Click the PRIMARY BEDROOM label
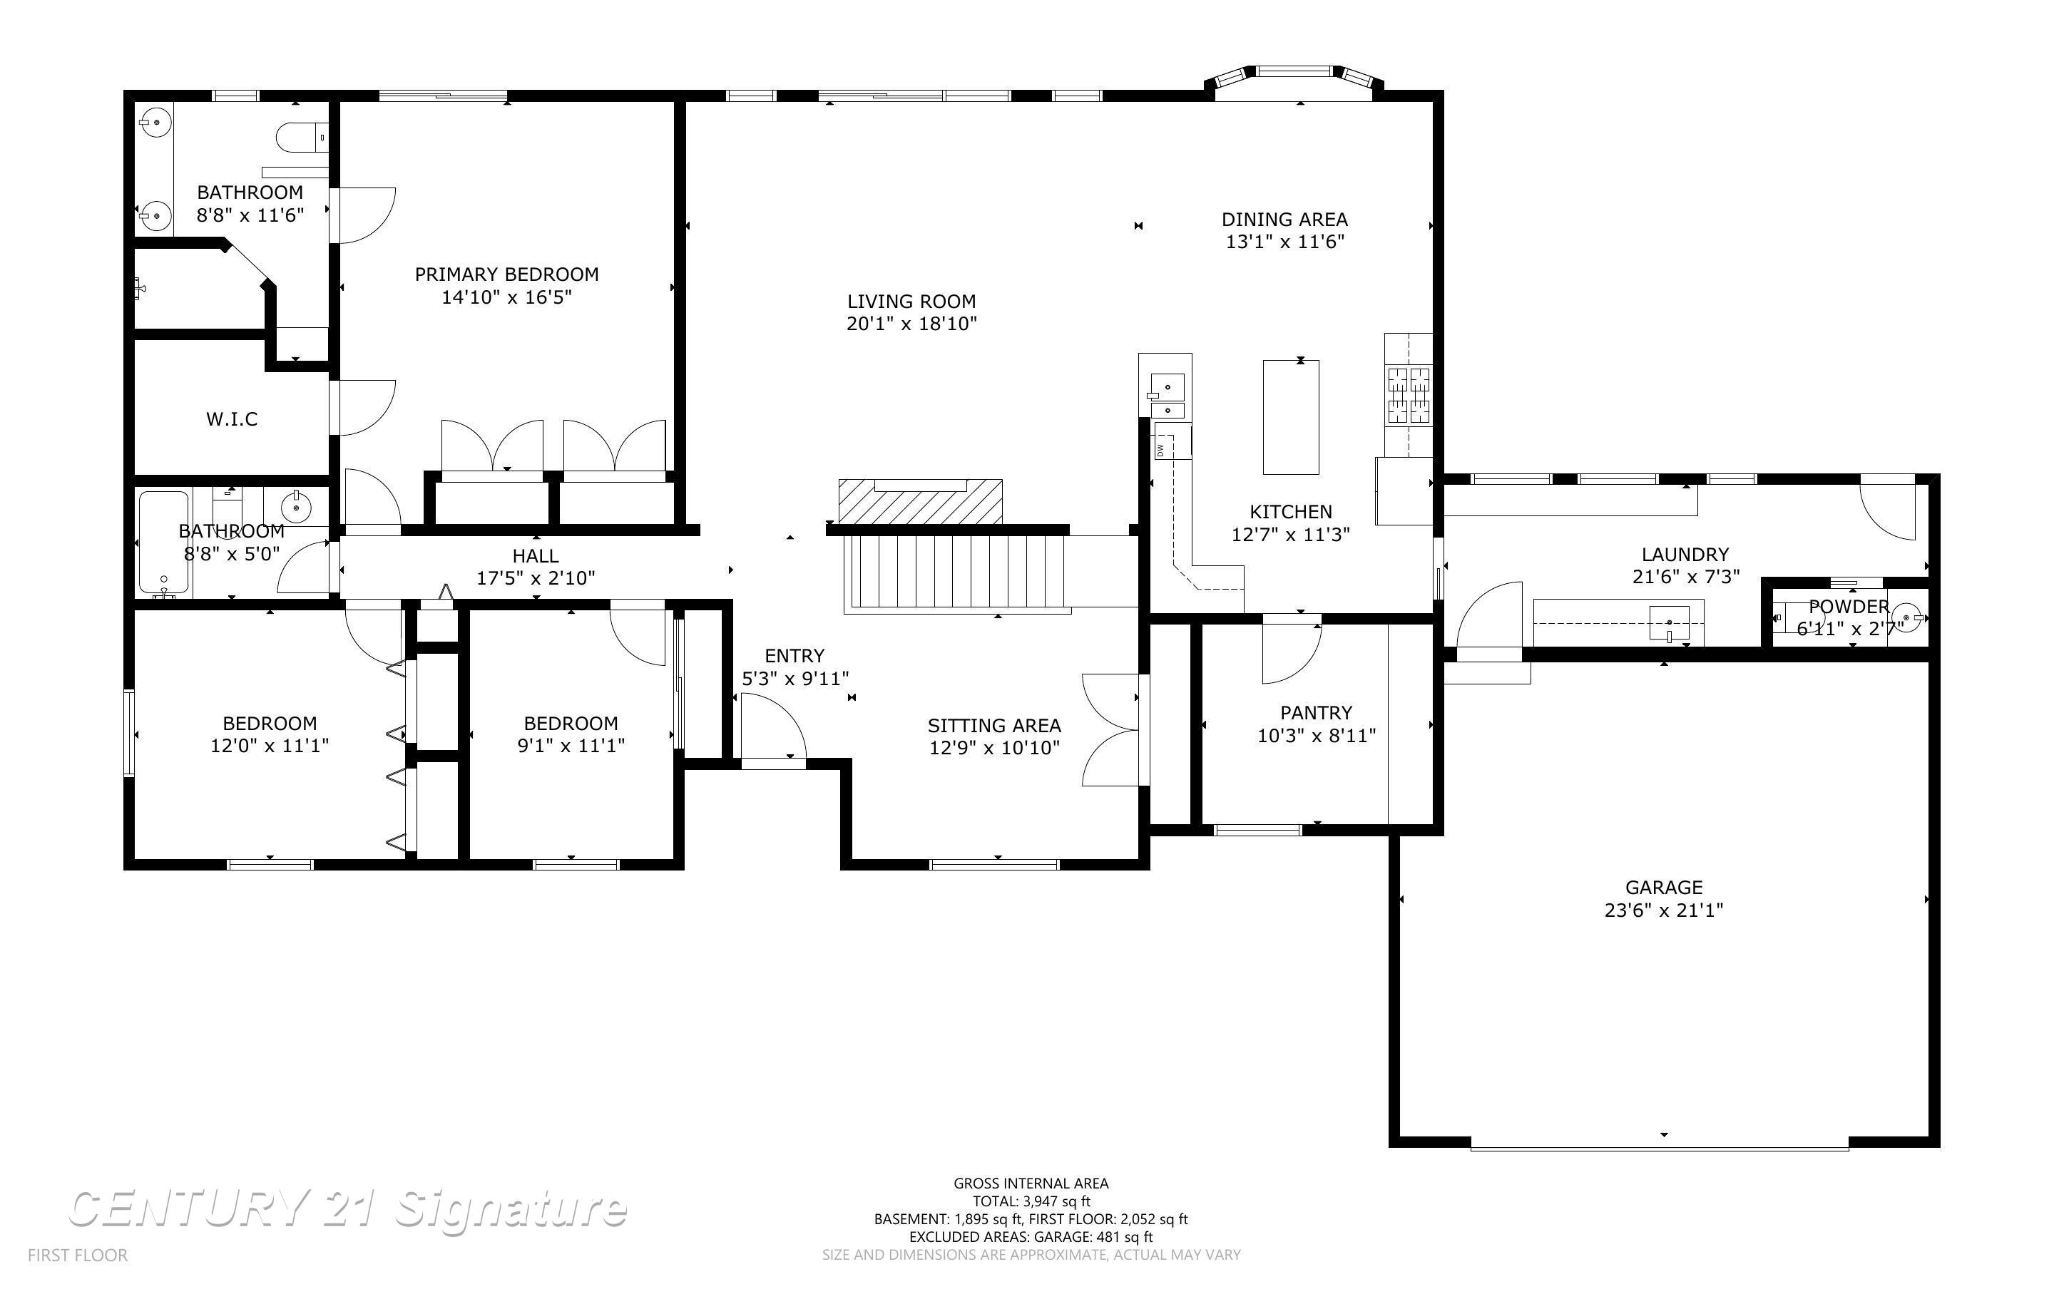point(506,274)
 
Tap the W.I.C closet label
point(232,418)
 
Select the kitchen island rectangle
point(1290,417)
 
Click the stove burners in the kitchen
point(1408,395)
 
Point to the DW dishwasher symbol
point(1160,449)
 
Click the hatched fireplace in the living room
point(920,502)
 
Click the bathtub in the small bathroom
point(164,543)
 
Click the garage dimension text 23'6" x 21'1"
point(1663,910)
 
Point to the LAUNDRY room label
point(1685,554)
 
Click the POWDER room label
point(1849,607)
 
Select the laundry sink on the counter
point(1668,623)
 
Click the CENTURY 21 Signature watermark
point(347,1209)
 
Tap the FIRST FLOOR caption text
point(78,1255)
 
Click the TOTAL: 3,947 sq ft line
point(1031,1201)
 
